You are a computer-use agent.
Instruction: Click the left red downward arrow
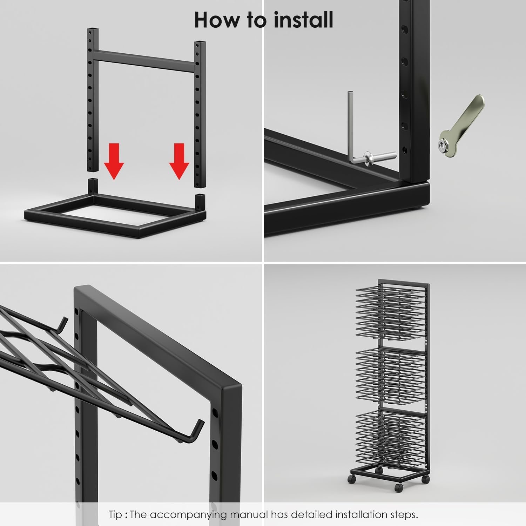(114, 161)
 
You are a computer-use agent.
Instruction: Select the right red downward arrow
(179, 161)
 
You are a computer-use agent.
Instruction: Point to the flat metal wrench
(460, 125)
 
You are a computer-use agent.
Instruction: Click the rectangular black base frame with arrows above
(115, 208)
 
